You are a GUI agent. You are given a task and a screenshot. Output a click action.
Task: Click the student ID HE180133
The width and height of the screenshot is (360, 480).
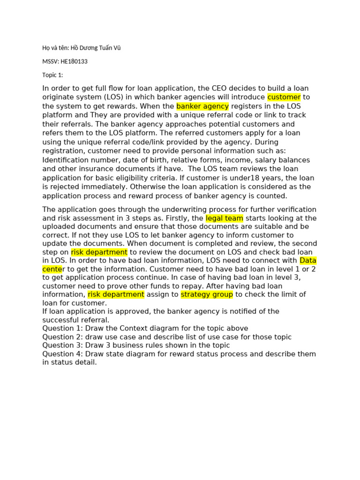[x=74, y=61]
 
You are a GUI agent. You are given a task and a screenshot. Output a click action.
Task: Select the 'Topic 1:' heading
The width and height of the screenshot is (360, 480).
[x=52, y=75]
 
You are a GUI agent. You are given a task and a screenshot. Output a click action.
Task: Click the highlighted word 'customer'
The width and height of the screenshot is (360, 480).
[x=284, y=97]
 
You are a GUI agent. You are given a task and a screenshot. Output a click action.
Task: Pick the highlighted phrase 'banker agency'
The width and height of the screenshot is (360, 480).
[x=202, y=106]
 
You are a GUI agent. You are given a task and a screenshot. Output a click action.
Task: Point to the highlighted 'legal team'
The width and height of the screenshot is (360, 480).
[x=225, y=218]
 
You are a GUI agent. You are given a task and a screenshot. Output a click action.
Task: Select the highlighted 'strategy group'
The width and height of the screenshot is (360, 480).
[x=207, y=294]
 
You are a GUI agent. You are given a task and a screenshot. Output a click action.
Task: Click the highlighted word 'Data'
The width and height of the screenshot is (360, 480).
[x=308, y=260]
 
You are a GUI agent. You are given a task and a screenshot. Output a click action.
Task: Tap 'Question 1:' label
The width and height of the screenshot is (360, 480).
[x=62, y=328]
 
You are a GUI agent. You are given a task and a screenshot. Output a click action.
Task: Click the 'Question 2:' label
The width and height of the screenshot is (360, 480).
[x=62, y=337]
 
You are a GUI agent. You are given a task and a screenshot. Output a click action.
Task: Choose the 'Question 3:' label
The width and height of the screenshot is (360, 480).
[x=62, y=345]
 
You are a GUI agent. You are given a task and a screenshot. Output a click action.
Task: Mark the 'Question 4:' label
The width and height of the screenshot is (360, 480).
[x=62, y=354]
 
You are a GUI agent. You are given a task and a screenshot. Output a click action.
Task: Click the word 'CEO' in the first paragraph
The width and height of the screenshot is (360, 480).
[x=220, y=88]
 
